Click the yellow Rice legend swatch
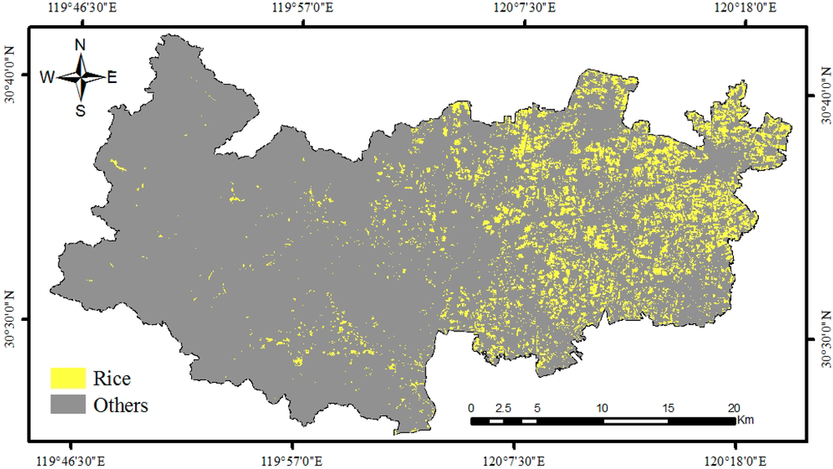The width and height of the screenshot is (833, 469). (68, 378)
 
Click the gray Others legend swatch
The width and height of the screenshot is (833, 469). (68, 404)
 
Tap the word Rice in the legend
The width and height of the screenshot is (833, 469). (111, 379)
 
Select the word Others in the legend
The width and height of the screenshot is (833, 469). (120, 405)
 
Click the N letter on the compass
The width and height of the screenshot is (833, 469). (81, 46)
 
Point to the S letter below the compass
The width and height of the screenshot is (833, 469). (81, 111)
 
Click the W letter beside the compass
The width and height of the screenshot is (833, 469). (47, 77)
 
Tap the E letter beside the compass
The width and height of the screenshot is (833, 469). (112, 77)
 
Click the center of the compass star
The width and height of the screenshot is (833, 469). (81, 77)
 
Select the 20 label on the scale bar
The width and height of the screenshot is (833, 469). (733, 408)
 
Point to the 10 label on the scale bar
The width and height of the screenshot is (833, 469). (602, 408)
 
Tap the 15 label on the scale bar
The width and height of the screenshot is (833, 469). (667, 408)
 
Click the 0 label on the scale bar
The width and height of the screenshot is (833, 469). (471, 408)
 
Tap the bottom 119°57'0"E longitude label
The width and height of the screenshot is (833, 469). (293, 460)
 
